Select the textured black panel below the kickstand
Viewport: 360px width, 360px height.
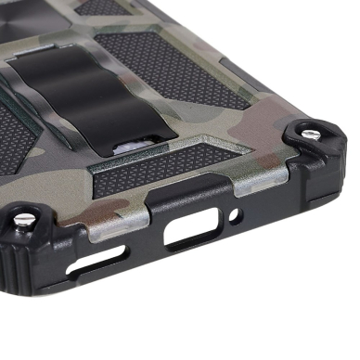tap(158, 172)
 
